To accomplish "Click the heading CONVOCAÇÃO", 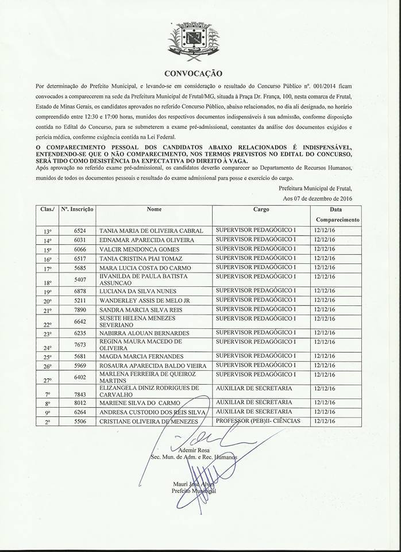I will point(192,74).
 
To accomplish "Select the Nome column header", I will point(155,210).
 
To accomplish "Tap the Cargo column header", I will point(261,210).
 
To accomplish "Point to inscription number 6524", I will point(80,231).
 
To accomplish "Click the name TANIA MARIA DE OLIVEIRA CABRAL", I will point(152,231).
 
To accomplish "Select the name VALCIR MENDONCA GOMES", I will point(140,250).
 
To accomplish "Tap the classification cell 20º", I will point(48,301).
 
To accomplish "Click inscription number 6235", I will point(80,333).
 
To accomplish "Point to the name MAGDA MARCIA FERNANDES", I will point(142,356).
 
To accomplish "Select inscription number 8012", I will point(80,402).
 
